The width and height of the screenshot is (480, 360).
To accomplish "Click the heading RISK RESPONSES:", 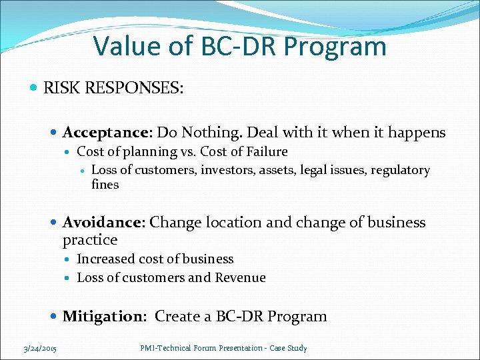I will coord(113,88).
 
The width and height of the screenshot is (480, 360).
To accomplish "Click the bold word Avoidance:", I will coord(104,223).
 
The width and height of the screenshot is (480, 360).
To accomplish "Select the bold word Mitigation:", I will coord(104,317).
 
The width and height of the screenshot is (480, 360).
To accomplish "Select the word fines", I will coord(105,185).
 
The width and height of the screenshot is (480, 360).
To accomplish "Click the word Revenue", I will coord(240,278).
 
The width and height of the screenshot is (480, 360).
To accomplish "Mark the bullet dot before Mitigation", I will coord(55,317).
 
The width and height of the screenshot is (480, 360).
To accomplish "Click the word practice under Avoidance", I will coord(90,240).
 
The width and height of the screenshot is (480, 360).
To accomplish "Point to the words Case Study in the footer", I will coord(290,348).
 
